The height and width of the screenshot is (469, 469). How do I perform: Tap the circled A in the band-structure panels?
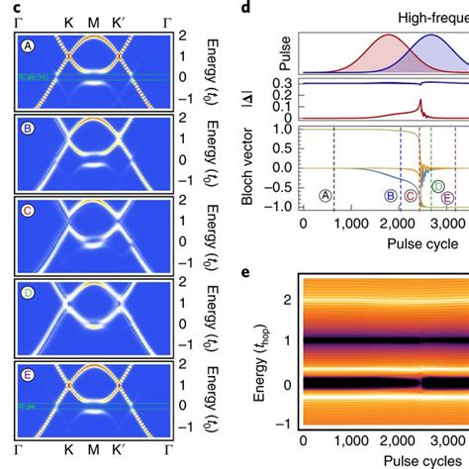pos(30,45)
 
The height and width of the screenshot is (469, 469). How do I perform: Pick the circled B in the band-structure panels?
pos(30,129)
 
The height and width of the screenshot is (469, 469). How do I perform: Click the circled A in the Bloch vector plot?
pos(326,196)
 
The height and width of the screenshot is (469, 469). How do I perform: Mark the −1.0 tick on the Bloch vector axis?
pos(282,206)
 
